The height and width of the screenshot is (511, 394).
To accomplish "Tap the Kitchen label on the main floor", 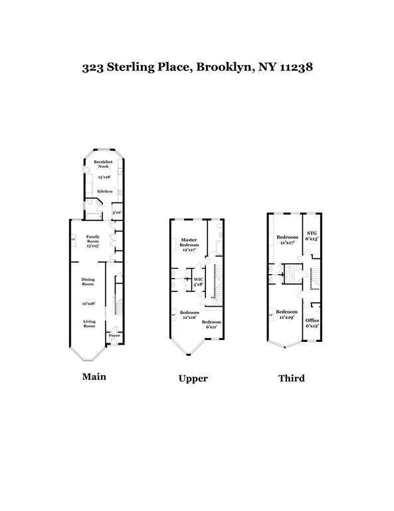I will pos(104,191).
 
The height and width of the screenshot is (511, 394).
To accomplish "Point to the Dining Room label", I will pos(88,281).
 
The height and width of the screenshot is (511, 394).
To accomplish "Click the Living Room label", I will pos(89,324).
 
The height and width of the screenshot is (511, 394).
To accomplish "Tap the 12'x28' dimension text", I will pos(89,303).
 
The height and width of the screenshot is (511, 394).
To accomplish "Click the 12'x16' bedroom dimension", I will pos(189,317).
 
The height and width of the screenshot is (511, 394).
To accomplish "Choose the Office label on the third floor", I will pos(312,321).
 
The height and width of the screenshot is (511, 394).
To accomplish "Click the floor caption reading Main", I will pos(94,377).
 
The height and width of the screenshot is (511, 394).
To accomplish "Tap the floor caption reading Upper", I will pos(193,379).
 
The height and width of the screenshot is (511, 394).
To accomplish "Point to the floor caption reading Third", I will pos(291,378).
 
